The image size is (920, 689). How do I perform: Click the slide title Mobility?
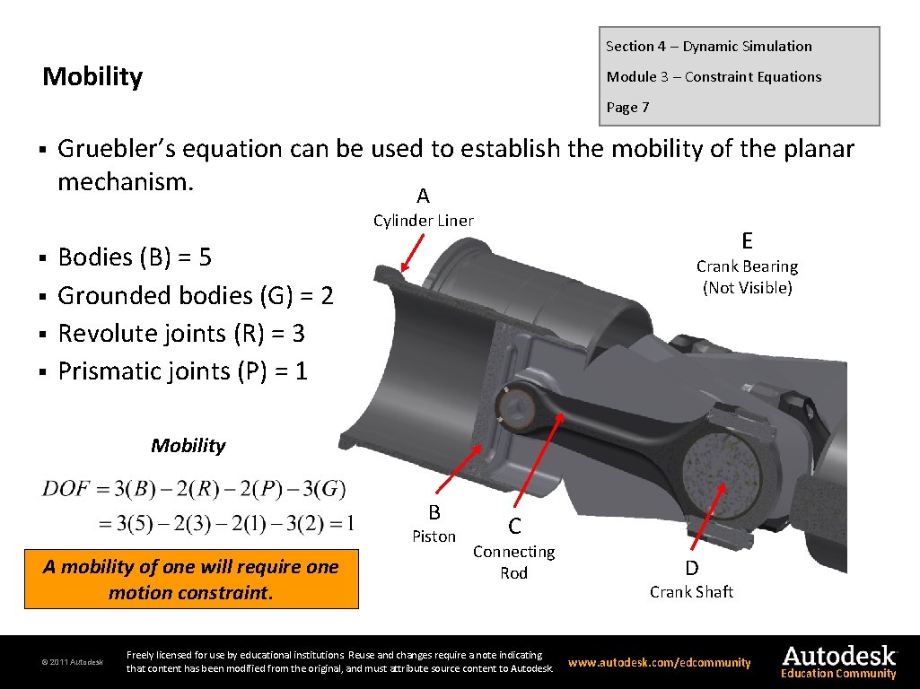pyautogui.click(x=92, y=77)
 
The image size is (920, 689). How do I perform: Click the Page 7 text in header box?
pyautogui.click(x=627, y=108)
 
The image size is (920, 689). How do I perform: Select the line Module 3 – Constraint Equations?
pyautogui.click(x=714, y=77)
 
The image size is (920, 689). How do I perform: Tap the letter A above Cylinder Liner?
pyautogui.click(x=423, y=196)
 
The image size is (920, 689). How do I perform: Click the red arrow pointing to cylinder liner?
pyautogui.click(x=416, y=253)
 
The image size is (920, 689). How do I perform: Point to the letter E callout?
pyautogui.click(x=747, y=240)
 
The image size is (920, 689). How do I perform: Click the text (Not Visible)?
pyautogui.click(x=747, y=288)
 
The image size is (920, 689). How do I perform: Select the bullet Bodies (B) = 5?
pyautogui.click(x=135, y=257)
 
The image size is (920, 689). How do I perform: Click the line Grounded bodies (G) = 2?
pyautogui.click(x=195, y=295)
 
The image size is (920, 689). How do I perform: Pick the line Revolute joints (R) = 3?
pyautogui.click(x=180, y=334)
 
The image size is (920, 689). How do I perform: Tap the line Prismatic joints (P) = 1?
pyautogui.click(x=182, y=371)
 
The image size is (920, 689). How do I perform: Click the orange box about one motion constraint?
pyautogui.click(x=190, y=580)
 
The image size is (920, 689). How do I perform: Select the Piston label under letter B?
pyautogui.click(x=434, y=536)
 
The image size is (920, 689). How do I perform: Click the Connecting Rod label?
pyautogui.click(x=513, y=563)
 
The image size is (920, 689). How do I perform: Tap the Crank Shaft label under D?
pyautogui.click(x=691, y=592)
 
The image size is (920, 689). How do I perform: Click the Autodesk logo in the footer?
pyautogui.click(x=838, y=658)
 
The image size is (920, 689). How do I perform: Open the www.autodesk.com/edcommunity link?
pyautogui.click(x=659, y=663)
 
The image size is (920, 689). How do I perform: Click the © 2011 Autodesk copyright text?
pyautogui.click(x=72, y=663)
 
